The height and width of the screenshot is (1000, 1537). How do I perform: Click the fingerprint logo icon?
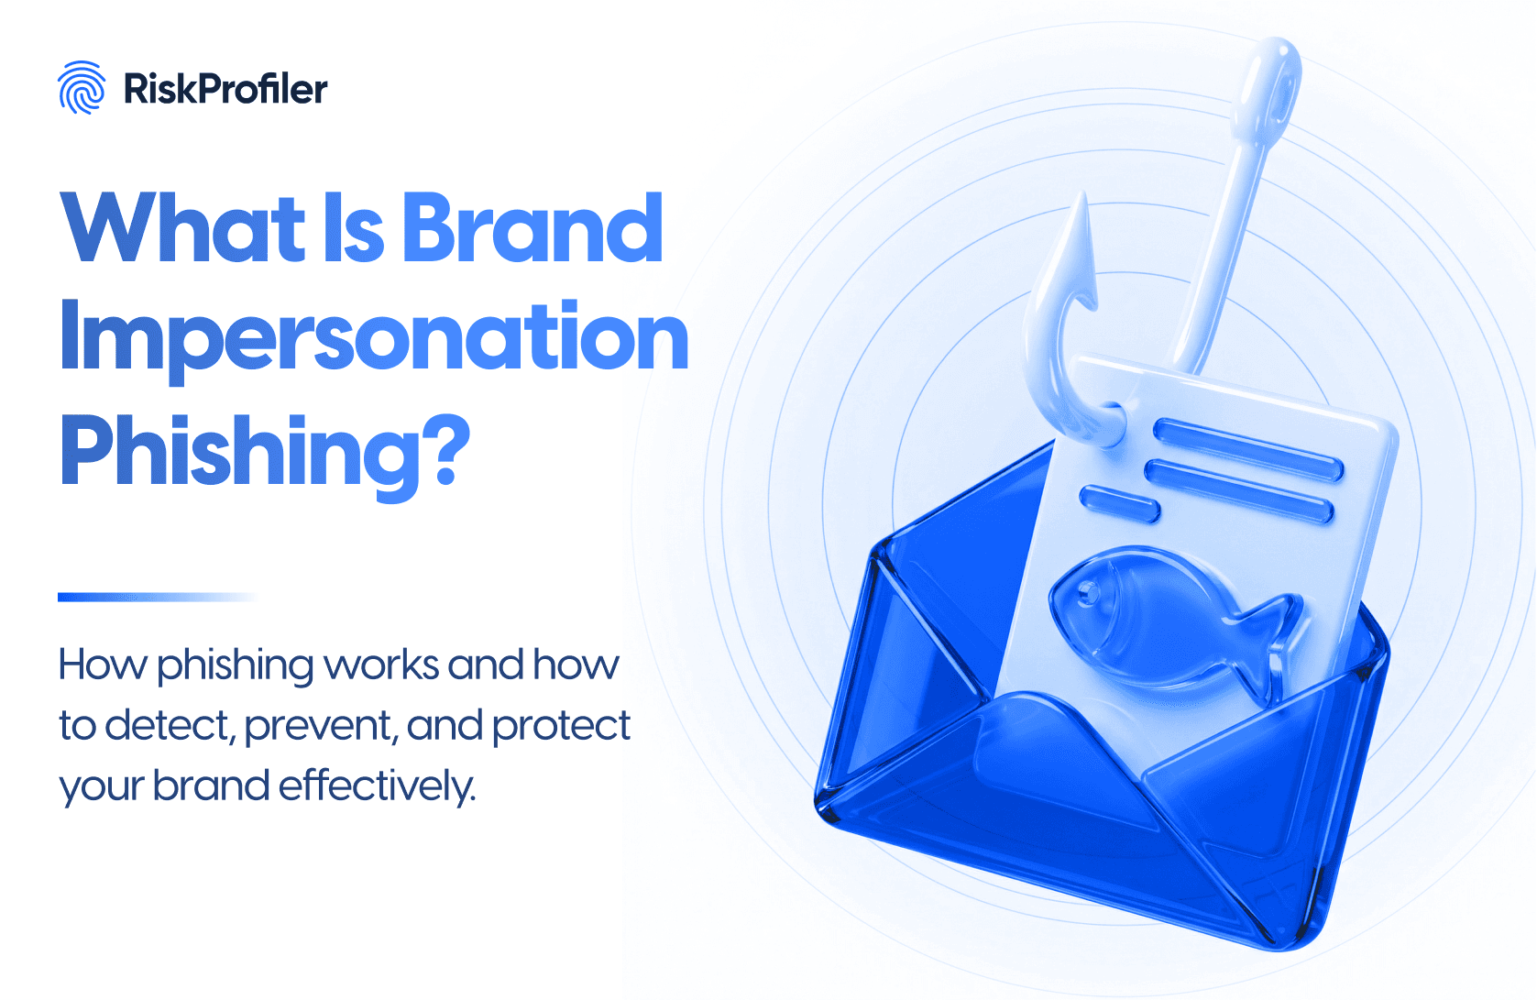(82, 88)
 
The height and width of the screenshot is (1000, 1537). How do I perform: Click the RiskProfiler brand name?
(225, 89)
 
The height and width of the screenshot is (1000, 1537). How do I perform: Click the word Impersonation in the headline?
(374, 338)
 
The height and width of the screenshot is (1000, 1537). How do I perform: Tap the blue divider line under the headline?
(156, 597)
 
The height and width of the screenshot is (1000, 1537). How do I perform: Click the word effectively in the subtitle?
(377, 786)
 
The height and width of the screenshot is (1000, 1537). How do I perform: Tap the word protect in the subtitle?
(561, 727)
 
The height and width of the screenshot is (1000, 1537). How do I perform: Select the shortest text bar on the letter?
(1120, 502)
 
